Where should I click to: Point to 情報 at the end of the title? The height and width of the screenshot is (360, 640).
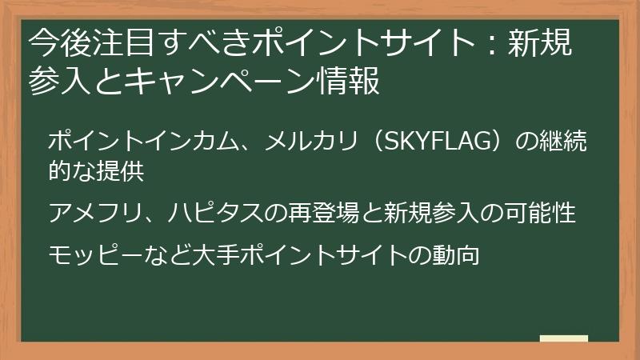(x=354, y=82)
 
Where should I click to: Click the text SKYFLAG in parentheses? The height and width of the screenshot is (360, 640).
(x=432, y=142)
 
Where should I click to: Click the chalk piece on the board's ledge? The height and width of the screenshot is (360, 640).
(x=564, y=338)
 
